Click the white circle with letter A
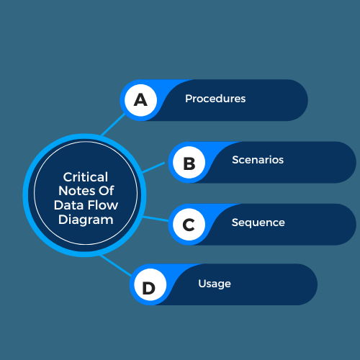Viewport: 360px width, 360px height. pyautogui.click(x=141, y=100)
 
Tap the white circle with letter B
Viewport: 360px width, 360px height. pyautogui.click(x=189, y=162)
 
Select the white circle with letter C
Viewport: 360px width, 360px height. pyautogui.click(x=189, y=225)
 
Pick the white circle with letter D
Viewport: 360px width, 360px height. pyautogui.click(x=150, y=284)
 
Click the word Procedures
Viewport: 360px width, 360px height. pyautogui.click(x=215, y=99)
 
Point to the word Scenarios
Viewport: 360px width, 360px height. pyautogui.click(x=258, y=160)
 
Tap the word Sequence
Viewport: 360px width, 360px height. pyautogui.click(x=258, y=222)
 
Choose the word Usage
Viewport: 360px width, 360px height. pyautogui.click(x=215, y=284)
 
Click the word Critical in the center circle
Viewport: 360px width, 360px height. pyautogui.click(x=86, y=177)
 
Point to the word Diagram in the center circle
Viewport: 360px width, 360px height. pyautogui.click(x=86, y=220)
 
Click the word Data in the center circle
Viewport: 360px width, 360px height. pyautogui.click(x=69, y=205)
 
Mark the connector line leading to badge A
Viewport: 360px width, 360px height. pyautogui.click(x=113, y=125)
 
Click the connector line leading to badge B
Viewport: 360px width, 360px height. pyautogui.click(x=153, y=168)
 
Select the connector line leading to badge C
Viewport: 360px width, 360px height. pyautogui.click(x=156, y=219)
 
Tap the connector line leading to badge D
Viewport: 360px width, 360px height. pyautogui.click(x=116, y=266)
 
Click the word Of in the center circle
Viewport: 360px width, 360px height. pyautogui.click(x=107, y=191)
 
